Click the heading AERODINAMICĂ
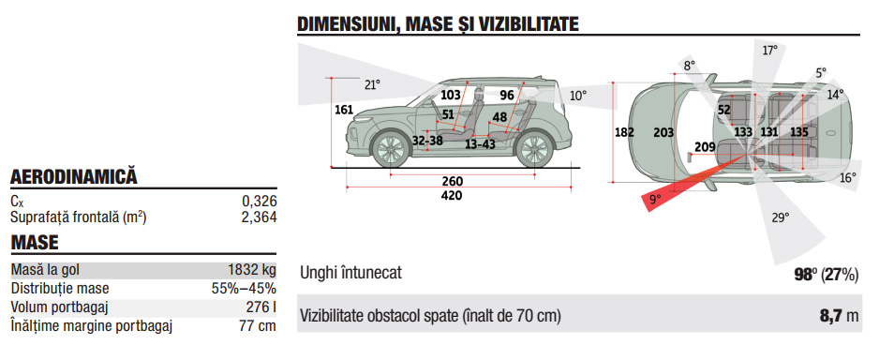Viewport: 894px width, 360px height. click(74, 177)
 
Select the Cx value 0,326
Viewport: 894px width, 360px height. click(260, 201)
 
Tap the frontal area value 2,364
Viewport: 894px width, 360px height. click(260, 217)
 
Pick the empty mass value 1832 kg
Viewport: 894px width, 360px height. click(251, 270)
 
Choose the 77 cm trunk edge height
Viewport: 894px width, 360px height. click(259, 326)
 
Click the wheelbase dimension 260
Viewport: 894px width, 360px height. click(453, 182)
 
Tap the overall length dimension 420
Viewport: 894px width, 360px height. click(453, 196)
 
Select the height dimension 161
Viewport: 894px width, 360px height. click(344, 110)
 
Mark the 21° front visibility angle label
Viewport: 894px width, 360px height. click(372, 85)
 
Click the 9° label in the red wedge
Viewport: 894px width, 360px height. click(654, 199)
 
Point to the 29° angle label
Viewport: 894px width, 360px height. click(781, 217)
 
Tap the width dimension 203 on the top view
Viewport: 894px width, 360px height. click(663, 133)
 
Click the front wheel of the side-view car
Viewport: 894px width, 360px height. click(390, 149)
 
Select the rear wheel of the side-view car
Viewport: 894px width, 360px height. click(533, 149)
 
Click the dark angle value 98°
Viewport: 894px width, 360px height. click(804, 275)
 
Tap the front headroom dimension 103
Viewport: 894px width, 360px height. click(451, 95)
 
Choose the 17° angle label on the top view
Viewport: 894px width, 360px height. click(770, 51)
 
